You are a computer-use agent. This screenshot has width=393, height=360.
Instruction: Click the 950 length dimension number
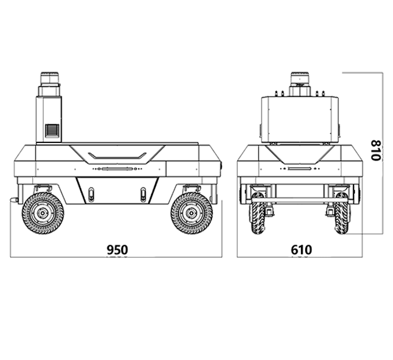tap(117, 249)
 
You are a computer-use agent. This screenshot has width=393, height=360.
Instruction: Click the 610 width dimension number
tap(302, 249)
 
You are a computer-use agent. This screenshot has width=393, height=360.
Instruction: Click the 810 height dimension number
tap(376, 150)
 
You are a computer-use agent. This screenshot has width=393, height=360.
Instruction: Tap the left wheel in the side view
tap(42, 213)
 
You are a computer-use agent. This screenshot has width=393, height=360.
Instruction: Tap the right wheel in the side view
tap(192, 213)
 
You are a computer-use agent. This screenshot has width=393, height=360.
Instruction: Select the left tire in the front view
tap(257, 213)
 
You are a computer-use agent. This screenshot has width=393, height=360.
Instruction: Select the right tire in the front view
tap(342, 213)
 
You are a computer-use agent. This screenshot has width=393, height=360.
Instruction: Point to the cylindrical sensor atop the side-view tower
tap(50, 78)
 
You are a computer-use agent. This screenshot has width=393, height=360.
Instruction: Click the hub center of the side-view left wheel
tap(42, 213)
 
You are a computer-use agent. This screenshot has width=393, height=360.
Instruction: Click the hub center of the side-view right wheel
tap(192, 213)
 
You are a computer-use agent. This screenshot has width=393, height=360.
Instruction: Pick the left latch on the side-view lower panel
tap(92, 194)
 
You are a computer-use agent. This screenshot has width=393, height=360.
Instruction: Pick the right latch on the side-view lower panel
tap(143, 194)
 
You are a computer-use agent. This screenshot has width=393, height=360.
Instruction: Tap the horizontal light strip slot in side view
tap(117, 169)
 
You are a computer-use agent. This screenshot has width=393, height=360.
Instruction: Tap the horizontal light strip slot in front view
tap(300, 168)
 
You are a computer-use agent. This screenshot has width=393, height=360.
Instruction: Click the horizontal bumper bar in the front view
tap(300, 200)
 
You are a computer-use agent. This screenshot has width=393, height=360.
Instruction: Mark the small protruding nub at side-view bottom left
tap(14, 200)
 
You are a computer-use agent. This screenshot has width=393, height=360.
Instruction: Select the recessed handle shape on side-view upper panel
tap(117, 155)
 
